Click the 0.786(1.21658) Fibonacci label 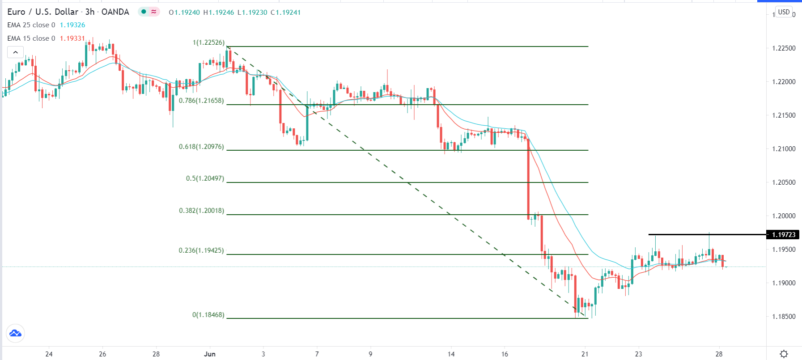point(201,101)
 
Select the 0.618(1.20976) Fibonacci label point(201,147)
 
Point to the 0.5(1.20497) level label point(205,178)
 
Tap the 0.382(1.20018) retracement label point(201,211)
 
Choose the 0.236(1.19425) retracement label point(201,250)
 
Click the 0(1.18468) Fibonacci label point(208,315)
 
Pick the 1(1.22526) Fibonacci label point(208,42)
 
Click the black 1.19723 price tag point(783,235)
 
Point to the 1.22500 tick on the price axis point(784,48)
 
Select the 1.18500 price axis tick point(784,317)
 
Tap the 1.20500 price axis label point(784,182)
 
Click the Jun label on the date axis point(209,354)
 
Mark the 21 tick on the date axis point(585,354)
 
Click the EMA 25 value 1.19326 point(72,25)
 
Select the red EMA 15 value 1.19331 point(72,38)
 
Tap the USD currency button point(784,12)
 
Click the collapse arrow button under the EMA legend point(15,52)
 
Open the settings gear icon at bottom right point(784,354)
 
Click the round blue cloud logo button point(15,333)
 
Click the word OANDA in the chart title point(115,12)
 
